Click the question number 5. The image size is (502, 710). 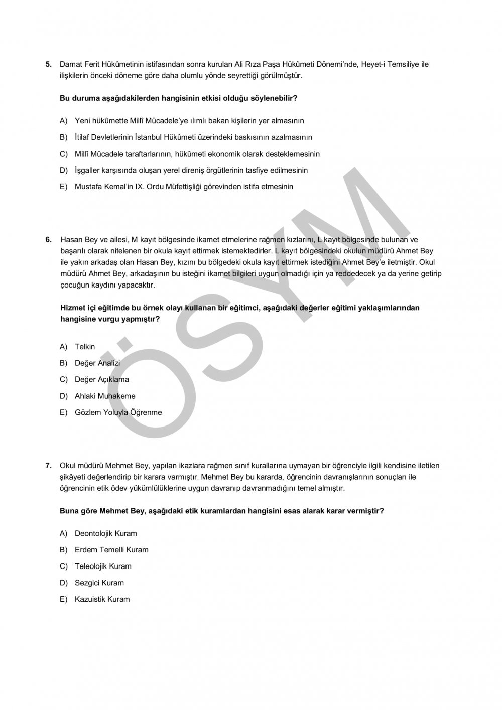point(49,64)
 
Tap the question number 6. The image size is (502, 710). point(49,240)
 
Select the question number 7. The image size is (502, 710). point(49,466)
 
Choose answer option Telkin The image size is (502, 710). point(85,347)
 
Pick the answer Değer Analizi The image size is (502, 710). point(97,363)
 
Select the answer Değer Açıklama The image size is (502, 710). point(102,380)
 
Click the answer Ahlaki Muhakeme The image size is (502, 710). point(105,396)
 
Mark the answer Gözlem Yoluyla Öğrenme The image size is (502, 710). point(118,413)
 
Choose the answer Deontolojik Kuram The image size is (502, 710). point(105,533)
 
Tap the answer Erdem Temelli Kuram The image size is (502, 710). point(111,550)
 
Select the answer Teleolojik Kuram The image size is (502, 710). point(103,566)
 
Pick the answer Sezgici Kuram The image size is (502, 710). point(99,583)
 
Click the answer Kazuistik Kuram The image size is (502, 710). point(102,599)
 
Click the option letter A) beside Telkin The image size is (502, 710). point(63,347)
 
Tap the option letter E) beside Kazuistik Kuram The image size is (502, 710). point(63,599)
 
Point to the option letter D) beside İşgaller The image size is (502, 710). point(63,170)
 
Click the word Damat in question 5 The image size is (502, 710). point(70,64)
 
